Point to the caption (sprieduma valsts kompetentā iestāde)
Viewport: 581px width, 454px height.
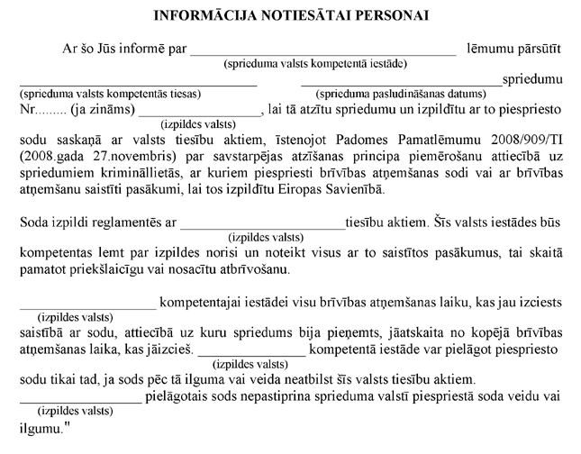314,64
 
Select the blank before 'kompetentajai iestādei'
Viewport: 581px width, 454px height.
87,304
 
